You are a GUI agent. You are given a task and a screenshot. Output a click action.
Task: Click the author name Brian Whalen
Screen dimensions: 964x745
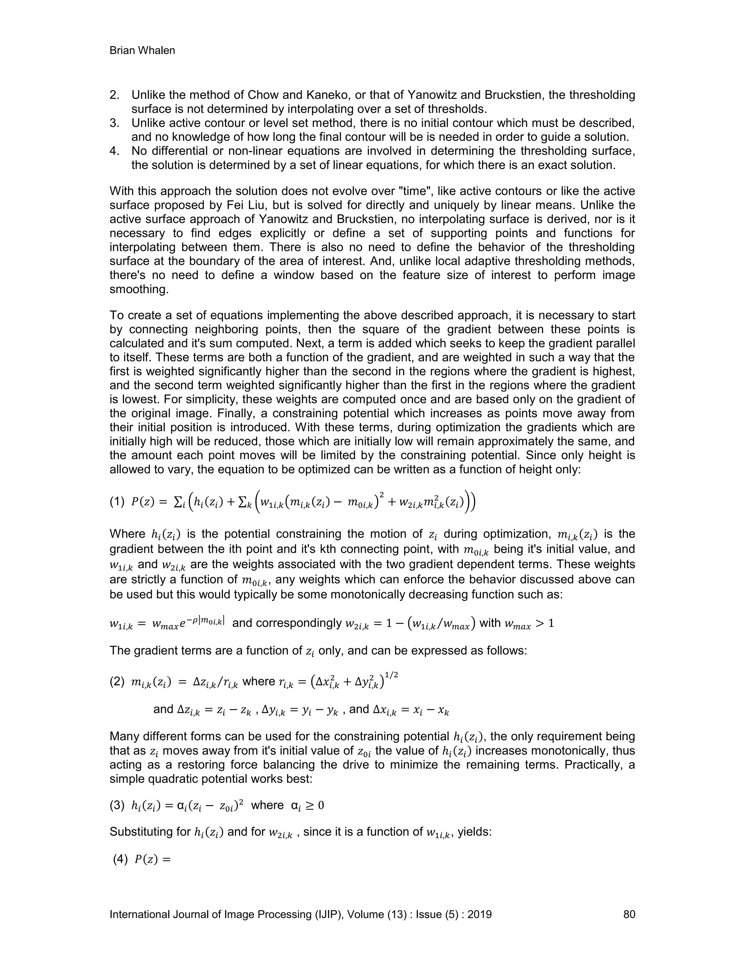click(142, 51)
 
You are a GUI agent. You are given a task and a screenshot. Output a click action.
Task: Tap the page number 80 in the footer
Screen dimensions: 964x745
click(629, 914)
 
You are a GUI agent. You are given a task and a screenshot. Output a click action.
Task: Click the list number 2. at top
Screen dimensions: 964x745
click(115, 95)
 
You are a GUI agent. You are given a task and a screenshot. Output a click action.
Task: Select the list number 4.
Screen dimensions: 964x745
click(115, 151)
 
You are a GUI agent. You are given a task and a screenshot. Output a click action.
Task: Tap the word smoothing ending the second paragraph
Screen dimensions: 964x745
click(139, 290)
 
